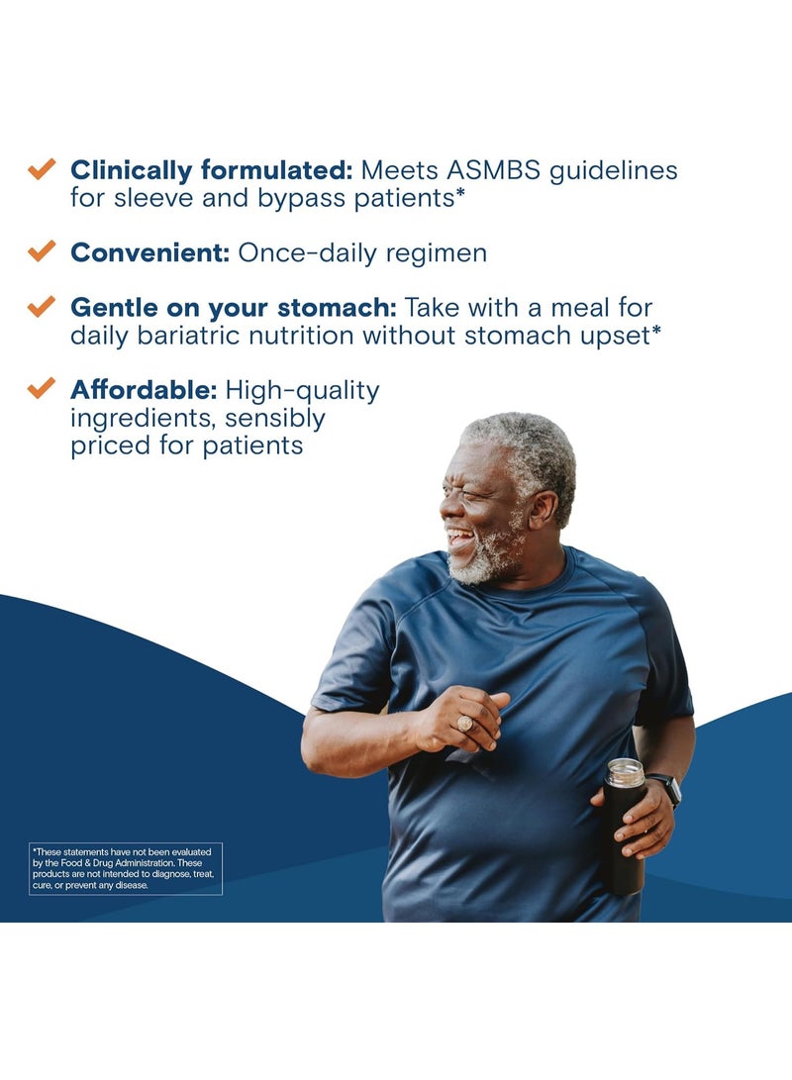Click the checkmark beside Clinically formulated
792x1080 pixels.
(x=42, y=168)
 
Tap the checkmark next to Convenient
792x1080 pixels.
(x=42, y=250)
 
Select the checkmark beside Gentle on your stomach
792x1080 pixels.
(x=42, y=306)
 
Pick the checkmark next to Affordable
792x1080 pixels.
(x=42, y=388)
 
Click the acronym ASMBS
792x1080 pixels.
(x=494, y=170)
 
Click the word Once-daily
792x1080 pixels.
(x=308, y=253)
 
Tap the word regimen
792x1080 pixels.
(x=437, y=254)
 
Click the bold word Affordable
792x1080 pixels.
(x=144, y=390)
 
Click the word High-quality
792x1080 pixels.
(x=302, y=391)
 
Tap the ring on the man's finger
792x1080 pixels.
(x=465, y=724)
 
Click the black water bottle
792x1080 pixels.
(x=624, y=827)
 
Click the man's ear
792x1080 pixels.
(x=543, y=510)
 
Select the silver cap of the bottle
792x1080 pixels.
(x=625, y=772)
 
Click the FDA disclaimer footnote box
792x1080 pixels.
(x=126, y=868)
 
